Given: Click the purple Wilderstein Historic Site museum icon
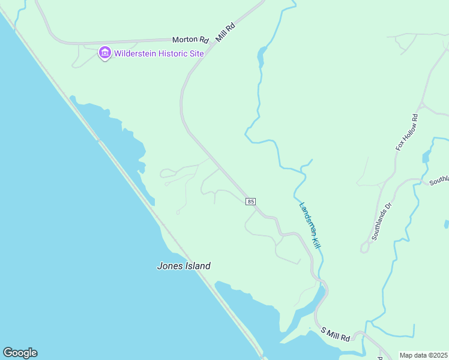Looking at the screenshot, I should pos(105,53).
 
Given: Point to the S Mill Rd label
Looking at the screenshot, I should pos(335,335).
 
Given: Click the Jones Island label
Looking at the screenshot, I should pos(184,266).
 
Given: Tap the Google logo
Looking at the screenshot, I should pos(20,353).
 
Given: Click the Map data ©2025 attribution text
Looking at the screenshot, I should pos(423,355).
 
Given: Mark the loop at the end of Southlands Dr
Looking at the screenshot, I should pos(364,248).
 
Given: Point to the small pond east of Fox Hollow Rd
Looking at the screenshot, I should pos(426,157).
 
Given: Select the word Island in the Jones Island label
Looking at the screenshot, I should pos(196,266).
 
